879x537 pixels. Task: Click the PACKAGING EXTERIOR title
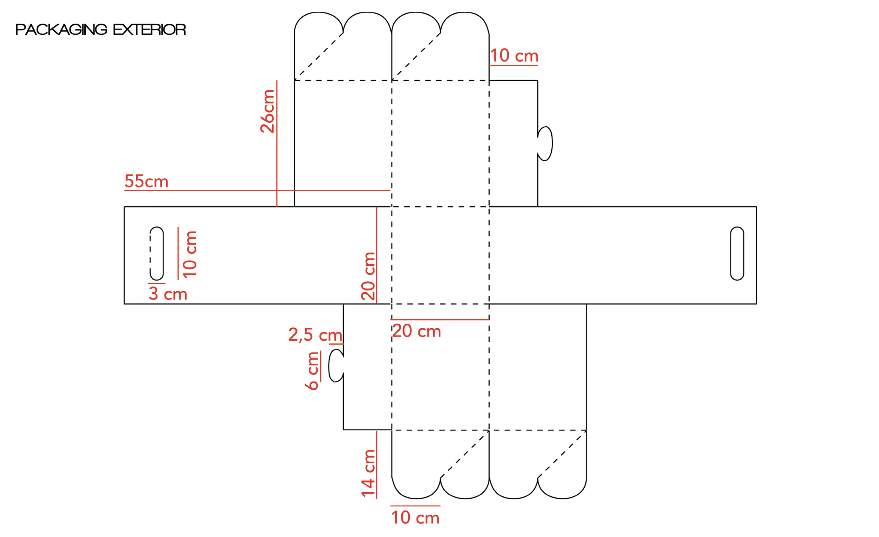tap(101, 30)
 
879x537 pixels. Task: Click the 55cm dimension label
tap(146, 181)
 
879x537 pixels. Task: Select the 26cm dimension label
tap(267, 111)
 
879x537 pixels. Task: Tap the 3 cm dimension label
tap(168, 294)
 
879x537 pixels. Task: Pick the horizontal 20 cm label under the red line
tap(417, 331)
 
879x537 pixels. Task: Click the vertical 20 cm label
tap(368, 276)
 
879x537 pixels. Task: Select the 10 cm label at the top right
tap(514, 56)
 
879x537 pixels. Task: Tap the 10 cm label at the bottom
tap(415, 517)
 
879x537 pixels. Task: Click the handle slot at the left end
tap(157, 253)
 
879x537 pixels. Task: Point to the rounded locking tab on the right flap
tap(545, 143)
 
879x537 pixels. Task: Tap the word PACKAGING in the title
tap(61, 30)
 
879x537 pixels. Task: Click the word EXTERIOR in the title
tap(149, 30)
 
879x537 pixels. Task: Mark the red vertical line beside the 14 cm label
tap(377, 465)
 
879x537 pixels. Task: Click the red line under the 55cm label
tap(257, 191)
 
